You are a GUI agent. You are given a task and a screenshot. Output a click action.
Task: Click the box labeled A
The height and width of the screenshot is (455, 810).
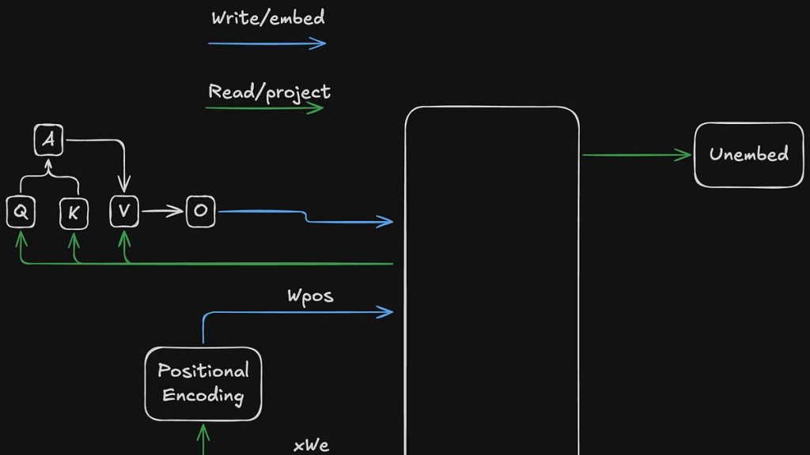[x=49, y=141]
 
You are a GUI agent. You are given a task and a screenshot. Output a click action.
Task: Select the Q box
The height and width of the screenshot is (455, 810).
[x=20, y=212]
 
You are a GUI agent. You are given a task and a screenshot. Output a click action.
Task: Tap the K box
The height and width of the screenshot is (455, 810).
[x=74, y=212]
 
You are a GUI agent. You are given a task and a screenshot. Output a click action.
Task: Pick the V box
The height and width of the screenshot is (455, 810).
[x=124, y=211]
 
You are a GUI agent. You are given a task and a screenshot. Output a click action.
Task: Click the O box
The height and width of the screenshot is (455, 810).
[x=200, y=211]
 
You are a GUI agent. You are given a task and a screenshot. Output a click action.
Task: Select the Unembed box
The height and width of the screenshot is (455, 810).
[x=748, y=155]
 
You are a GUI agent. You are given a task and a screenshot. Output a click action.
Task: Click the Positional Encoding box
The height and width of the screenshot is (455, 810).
[x=203, y=383]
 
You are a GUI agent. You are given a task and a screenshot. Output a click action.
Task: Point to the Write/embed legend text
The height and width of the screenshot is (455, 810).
[x=267, y=18]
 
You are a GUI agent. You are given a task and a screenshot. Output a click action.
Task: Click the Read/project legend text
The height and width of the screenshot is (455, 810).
[x=269, y=92]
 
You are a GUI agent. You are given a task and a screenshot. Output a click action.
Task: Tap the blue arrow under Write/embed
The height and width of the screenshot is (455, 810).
[x=267, y=43]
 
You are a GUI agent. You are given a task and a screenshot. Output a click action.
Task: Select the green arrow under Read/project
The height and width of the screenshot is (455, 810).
[x=264, y=107]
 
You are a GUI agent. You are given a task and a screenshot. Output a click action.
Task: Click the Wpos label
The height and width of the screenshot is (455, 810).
[x=310, y=296]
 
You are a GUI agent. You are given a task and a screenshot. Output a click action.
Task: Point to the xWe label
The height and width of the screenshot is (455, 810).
[x=311, y=446]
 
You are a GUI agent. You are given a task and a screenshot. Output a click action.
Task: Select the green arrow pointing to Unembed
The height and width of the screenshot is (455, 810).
[x=637, y=155]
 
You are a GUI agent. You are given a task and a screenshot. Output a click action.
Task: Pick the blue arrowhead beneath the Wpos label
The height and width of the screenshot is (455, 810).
[x=386, y=313]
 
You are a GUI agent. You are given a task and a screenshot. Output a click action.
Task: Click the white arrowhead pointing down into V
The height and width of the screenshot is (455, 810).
[x=124, y=186]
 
